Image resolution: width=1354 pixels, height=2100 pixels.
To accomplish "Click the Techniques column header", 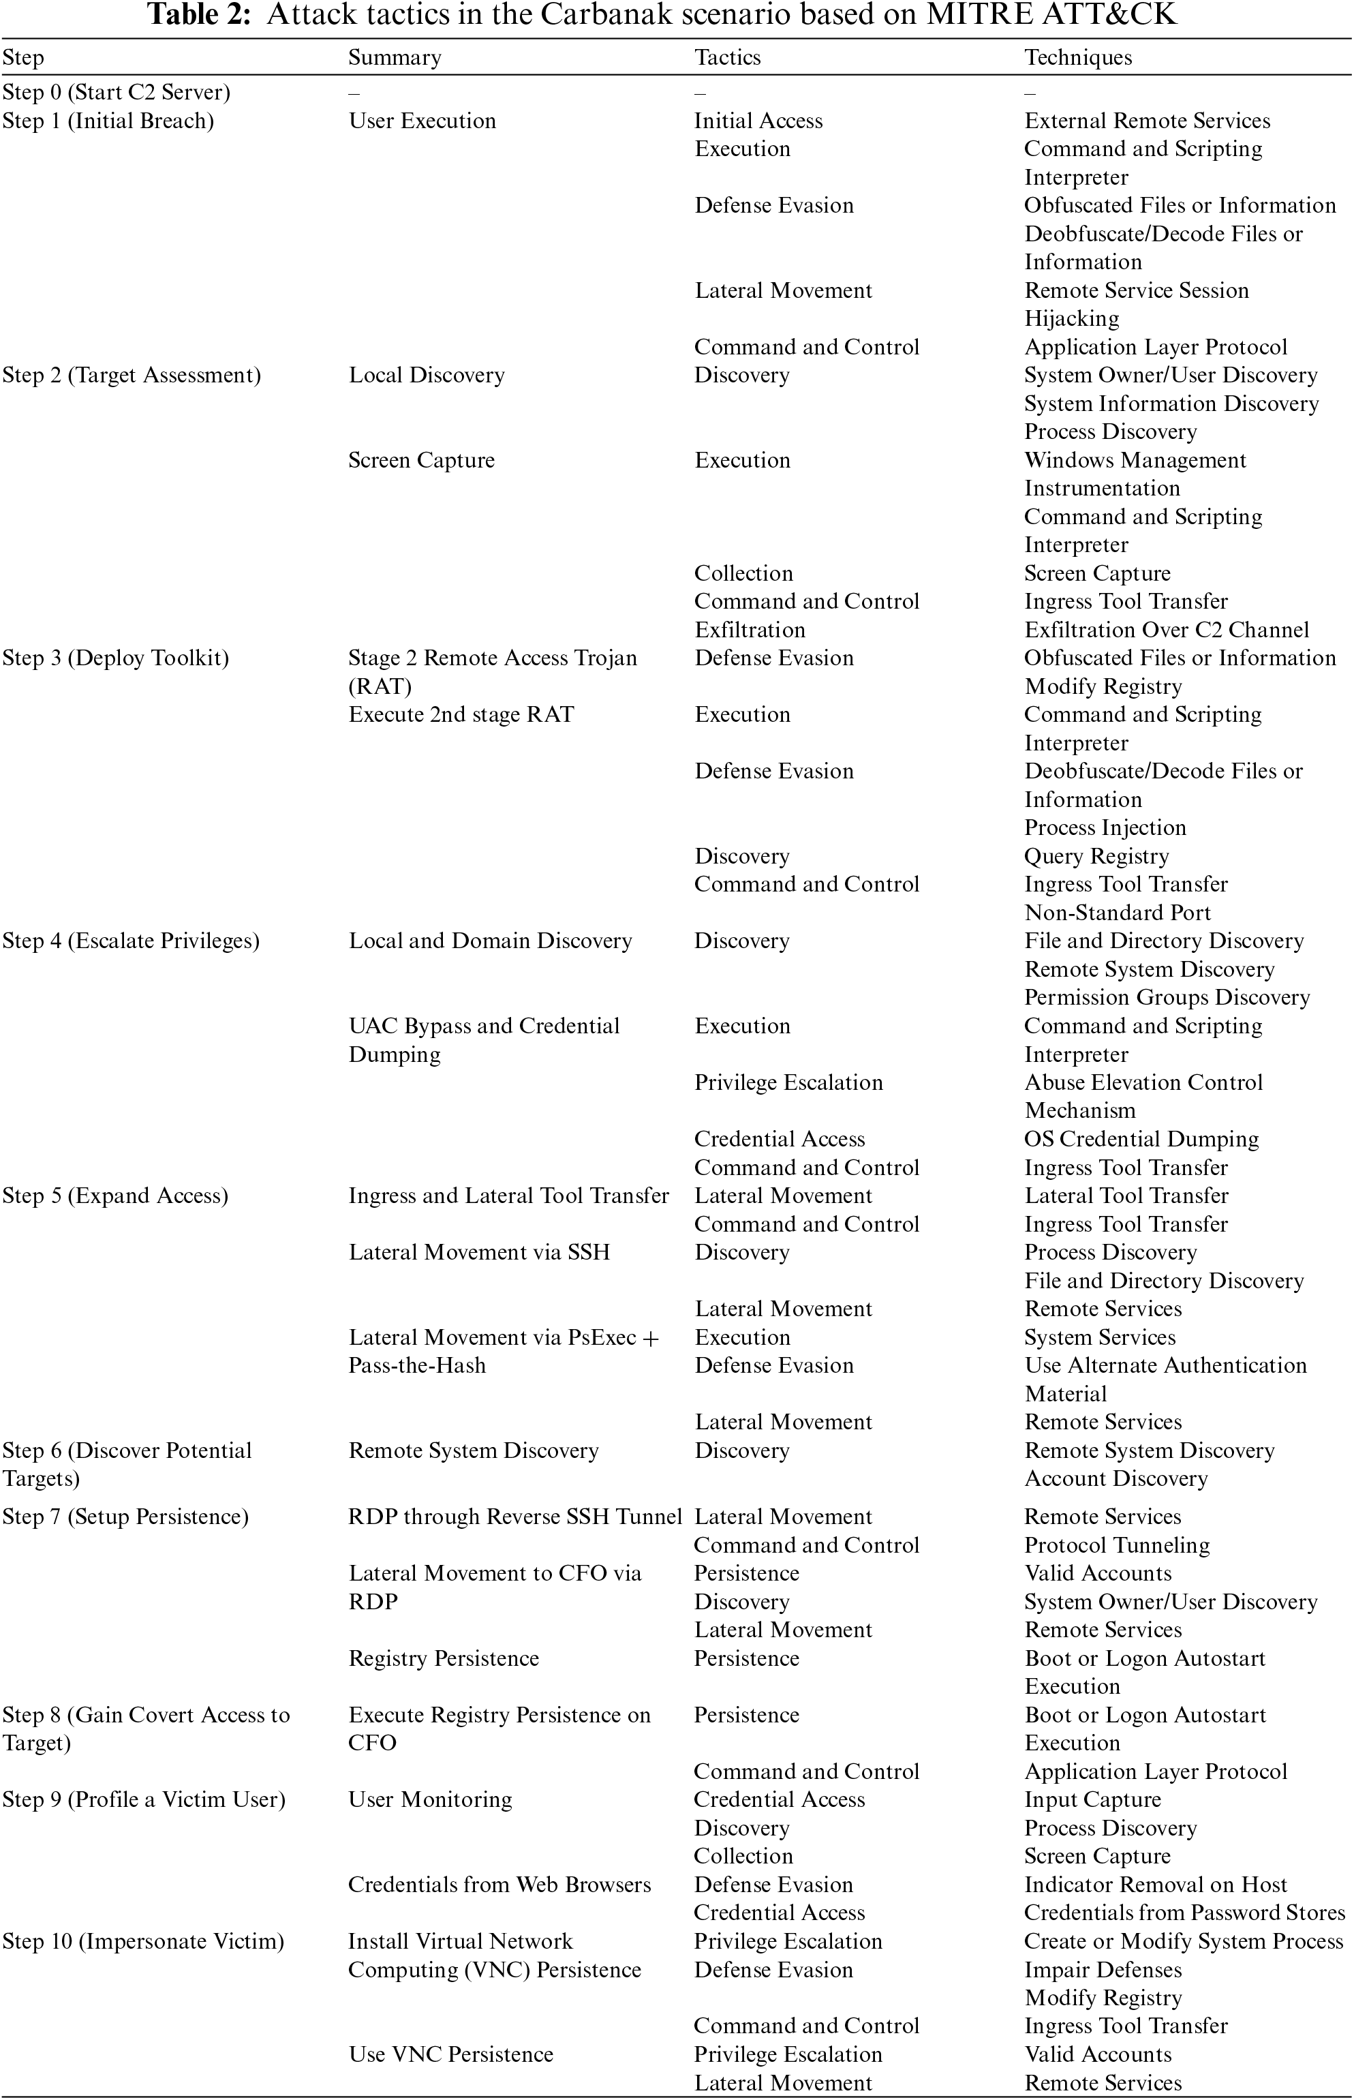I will [x=1078, y=58].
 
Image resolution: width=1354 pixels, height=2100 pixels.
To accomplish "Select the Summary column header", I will [x=395, y=58].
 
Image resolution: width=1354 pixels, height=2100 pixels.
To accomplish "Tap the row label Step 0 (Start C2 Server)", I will [x=116, y=92].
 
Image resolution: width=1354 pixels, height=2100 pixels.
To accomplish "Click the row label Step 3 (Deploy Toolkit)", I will [x=115, y=658].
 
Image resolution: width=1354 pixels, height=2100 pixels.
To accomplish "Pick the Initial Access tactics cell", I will [x=758, y=121].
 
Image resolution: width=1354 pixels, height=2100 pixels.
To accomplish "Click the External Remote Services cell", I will [x=1146, y=121].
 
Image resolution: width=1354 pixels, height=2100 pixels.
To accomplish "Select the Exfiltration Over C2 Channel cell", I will [x=1166, y=630].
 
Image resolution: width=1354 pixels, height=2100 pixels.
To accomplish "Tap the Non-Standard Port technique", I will [x=1117, y=912].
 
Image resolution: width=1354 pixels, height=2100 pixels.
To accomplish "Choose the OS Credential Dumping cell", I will [x=1141, y=1139].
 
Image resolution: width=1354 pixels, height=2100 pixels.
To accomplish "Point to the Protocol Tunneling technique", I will [x=1117, y=1544].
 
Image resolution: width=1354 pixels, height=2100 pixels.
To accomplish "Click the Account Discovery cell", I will [x=1115, y=1478].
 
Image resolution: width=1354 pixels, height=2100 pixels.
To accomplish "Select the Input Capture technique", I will [x=1092, y=1799].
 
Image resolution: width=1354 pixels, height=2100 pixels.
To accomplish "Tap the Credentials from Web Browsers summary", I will [x=499, y=1885].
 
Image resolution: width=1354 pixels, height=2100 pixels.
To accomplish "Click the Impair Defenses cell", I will [x=1103, y=1970].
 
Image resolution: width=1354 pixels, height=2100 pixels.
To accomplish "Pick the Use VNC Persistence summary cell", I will [x=451, y=2054].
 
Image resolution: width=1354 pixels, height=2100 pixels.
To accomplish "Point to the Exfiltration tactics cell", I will [x=749, y=630].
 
